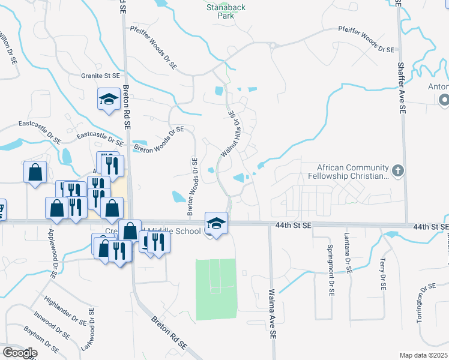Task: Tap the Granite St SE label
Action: coord(100,76)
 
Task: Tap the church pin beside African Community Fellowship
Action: coord(397,171)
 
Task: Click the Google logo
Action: coord(19,352)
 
